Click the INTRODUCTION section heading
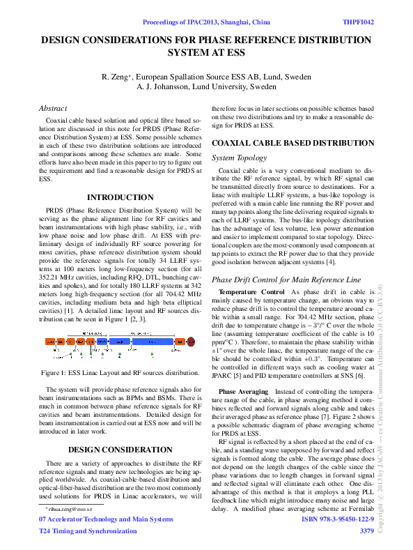pyautogui.click(x=119, y=197)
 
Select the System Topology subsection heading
pyautogui.click(x=239, y=158)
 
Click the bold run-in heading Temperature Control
pyautogui.click(x=251, y=291)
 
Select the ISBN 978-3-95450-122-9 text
pyautogui.click(x=338, y=519)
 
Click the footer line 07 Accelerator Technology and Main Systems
pyautogui.click(x=106, y=519)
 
